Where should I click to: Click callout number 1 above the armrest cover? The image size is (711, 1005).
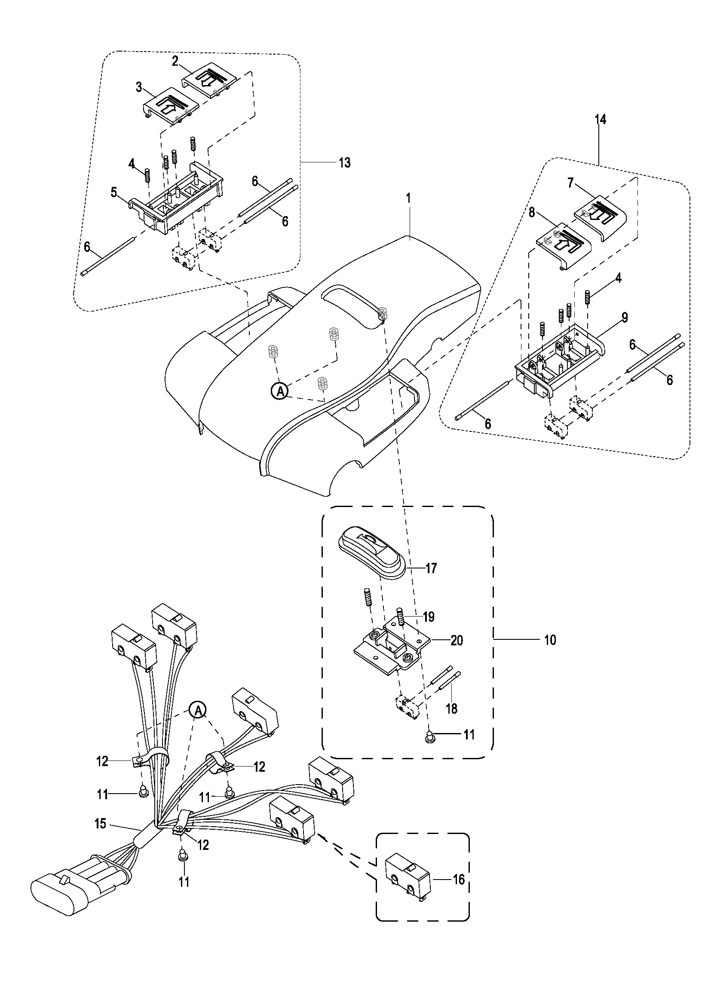[x=408, y=198]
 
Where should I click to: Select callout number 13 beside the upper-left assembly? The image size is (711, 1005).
[x=345, y=163]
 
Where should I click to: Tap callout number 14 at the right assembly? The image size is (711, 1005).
[x=600, y=119]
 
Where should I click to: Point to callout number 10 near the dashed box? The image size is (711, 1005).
[x=550, y=640]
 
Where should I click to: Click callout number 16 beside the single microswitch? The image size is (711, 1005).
[x=458, y=879]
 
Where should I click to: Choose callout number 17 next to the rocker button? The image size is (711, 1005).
[x=431, y=568]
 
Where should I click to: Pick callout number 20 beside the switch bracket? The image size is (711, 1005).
[x=457, y=640]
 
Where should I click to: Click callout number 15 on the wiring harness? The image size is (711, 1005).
[x=100, y=824]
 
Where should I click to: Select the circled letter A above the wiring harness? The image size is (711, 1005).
[x=198, y=710]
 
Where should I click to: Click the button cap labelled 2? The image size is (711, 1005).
[x=209, y=83]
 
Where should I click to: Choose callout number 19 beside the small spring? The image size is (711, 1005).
[x=429, y=617]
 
